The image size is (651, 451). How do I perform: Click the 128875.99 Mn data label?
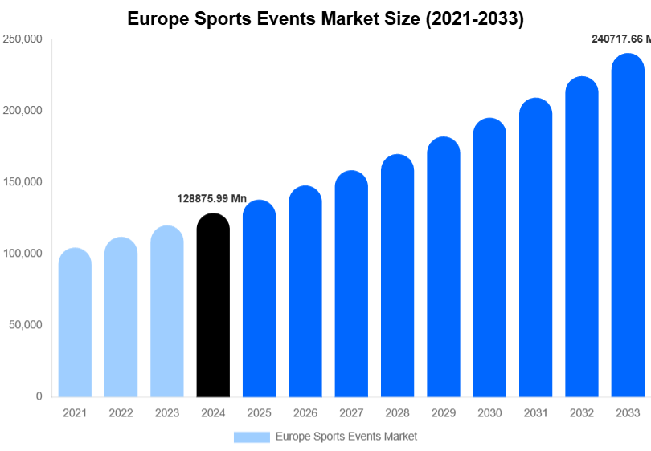click(x=211, y=198)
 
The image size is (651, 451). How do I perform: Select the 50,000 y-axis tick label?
click(x=24, y=325)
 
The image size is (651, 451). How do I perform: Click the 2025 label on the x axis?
click(x=259, y=413)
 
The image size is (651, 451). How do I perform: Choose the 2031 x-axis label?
click(x=535, y=413)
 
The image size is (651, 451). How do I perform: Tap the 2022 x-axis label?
click(x=121, y=413)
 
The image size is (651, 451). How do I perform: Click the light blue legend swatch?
click(x=252, y=437)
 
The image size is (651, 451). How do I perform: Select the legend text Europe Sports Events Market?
click(x=346, y=437)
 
